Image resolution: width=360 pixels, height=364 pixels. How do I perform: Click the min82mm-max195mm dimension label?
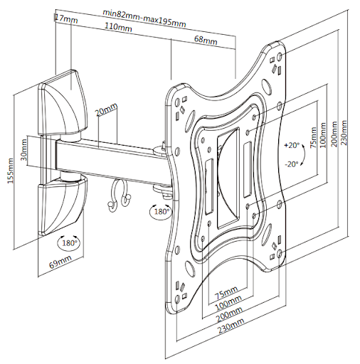tap(144, 18)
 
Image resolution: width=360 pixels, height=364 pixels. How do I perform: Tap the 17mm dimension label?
tap(66, 18)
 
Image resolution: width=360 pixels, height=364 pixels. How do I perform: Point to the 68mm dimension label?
tap(206, 40)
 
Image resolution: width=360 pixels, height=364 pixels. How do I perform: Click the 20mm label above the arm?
tap(107, 109)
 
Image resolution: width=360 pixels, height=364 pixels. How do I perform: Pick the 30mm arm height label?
tap(24, 150)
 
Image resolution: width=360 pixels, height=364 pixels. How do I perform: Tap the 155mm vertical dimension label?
tap(10, 171)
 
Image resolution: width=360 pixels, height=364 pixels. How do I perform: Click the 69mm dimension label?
tap(60, 262)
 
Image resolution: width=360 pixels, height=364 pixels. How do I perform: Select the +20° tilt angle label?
tap(292, 145)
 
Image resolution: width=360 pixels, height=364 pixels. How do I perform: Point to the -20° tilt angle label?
tap(292, 164)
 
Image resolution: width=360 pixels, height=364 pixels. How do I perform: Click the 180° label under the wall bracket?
tap(69, 243)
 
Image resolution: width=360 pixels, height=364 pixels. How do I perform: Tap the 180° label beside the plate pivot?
tap(162, 211)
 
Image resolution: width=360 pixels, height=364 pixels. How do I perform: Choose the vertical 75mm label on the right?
tap(314, 137)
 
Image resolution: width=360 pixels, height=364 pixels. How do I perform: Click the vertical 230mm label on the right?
tap(344, 133)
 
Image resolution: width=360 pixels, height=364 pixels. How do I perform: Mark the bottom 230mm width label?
tap(231, 326)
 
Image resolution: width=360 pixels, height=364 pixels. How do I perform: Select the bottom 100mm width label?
tap(228, 303)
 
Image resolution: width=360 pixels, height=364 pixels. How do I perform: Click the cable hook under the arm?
tap(119, 194)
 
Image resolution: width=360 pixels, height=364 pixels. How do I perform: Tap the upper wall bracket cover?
tap(63, 102)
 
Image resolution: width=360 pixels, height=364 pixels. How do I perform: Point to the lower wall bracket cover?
tap(62, 206)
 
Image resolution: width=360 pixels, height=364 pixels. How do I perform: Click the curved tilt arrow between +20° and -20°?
tap(303, 155)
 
